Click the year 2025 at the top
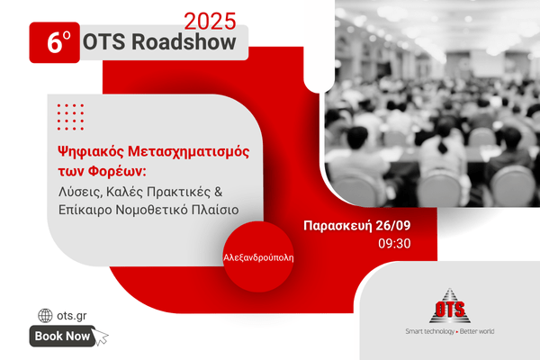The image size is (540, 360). click(210, 22)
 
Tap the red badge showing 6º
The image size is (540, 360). click(54, 42)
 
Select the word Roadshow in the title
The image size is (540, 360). click(184, 42)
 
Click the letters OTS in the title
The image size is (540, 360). click(103, 42)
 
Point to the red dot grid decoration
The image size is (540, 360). click(70, 117)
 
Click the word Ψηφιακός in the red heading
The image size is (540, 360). click(90, 152)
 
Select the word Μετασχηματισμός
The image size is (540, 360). click(189, 152)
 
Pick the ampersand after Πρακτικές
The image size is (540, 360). click(219, 192)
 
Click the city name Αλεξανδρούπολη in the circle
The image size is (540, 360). click(258, 257)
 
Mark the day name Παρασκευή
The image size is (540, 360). click(337, 226)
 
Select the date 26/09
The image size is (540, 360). click(393, 226)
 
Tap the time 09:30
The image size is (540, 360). click(394, 244)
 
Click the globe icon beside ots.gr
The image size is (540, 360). click(45, 315)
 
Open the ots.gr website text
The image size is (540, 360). click(72, 316)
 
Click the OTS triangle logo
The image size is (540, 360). click(450, 306)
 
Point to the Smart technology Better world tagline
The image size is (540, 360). click(450, 331)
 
